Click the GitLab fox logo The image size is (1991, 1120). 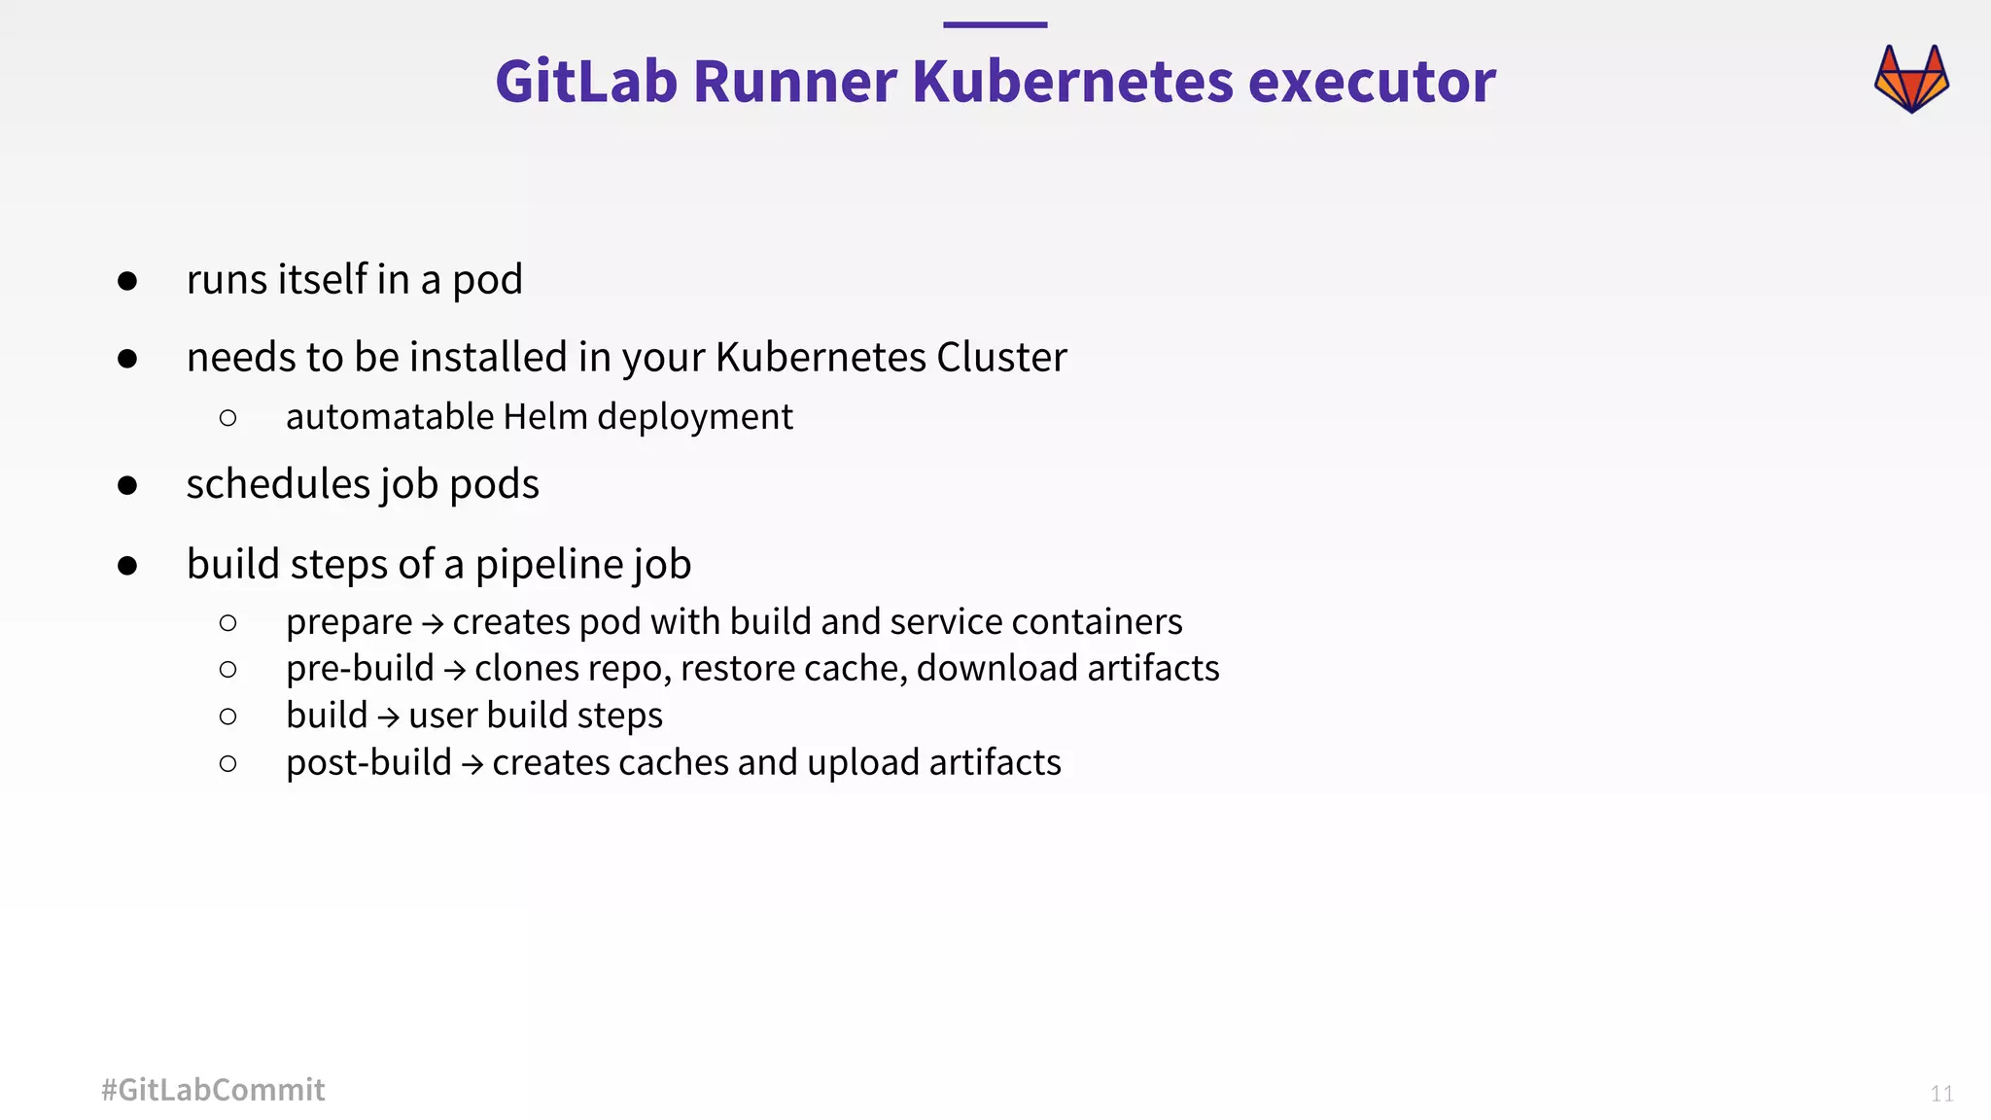pyautogui.click(x=1911, y=79)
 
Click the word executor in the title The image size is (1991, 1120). pyautogui.click(x=1372, y=81)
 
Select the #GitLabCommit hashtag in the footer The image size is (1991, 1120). pyautogui.click(x=213, y=1090)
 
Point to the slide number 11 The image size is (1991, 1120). pyautogui.click(x=1941, y=1094)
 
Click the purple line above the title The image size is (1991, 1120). pyautogui.click(x=995, y=25)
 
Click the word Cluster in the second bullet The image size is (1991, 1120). pyautogui.click(x=1001, y=358)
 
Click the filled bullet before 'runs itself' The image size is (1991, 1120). pyautogui.click(x=127, y=281)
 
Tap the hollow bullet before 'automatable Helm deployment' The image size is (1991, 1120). pyautogui.click(x=228, y=418)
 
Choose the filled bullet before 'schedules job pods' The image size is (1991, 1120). pyautogui.click(x=127, y=485)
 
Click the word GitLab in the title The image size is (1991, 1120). pyautogui.click(x=586, y=81)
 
